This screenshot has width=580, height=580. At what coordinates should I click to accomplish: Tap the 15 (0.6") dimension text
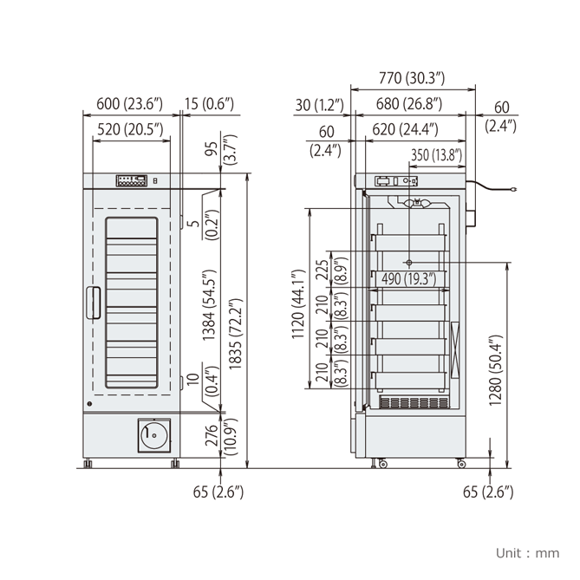(x=208, y=104)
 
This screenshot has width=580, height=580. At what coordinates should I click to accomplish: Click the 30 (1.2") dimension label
(x=319, y=104)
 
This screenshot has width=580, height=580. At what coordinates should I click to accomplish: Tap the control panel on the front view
(x=131, y=181)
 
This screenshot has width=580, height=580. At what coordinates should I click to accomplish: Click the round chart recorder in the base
(x=153, y=435)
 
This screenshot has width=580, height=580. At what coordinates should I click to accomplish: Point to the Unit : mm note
(x=528, y=552)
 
